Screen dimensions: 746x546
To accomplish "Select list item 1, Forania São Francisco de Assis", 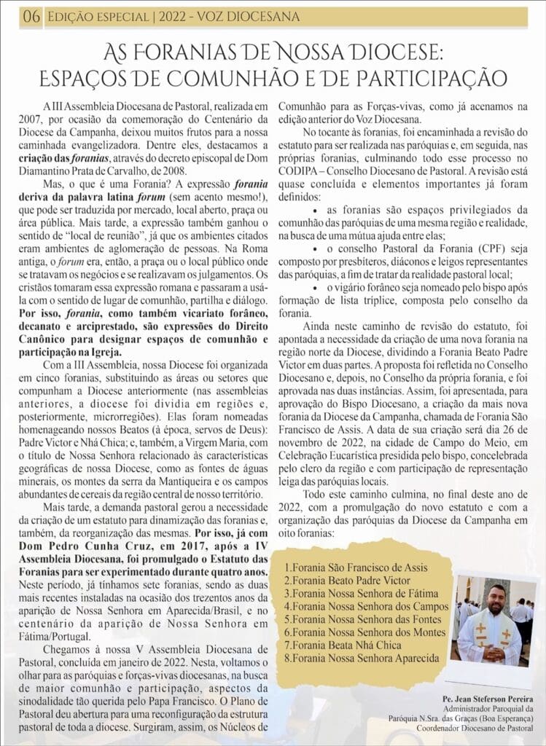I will (x=356, y=567).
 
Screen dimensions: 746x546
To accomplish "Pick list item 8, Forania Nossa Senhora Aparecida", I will (x=362, y=658).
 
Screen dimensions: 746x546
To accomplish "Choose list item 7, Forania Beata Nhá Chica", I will (x=343, y=645).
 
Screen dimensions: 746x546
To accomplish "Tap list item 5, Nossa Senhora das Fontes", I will (x=364, y=619).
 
